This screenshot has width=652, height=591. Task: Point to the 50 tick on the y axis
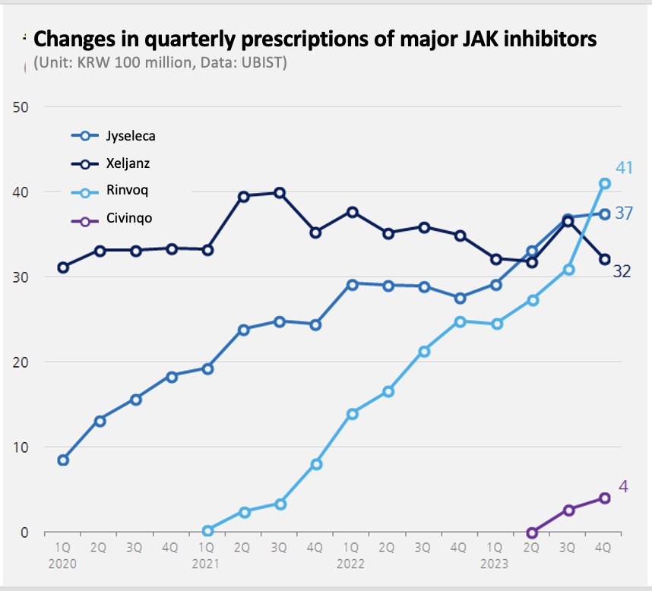point(21,106)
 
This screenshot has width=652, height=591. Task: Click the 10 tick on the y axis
point(21,447)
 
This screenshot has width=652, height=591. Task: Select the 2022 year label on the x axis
point(350,564)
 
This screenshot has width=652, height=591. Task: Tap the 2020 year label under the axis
point(62,564)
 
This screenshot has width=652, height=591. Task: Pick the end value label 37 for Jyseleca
point(624,213)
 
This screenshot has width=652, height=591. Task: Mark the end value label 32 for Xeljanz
point(622,271)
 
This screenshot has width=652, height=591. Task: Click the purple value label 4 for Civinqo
point(623,486)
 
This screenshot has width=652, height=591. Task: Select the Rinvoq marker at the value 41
point(605,183)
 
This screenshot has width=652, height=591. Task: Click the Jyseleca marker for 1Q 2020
point(63,460)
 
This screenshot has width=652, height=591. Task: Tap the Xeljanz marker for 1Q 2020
point(63,267)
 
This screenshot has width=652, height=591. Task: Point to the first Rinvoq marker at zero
point(208,530)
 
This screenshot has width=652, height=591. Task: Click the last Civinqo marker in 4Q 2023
point(605,498)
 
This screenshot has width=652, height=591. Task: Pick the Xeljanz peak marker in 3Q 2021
point(280,193)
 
